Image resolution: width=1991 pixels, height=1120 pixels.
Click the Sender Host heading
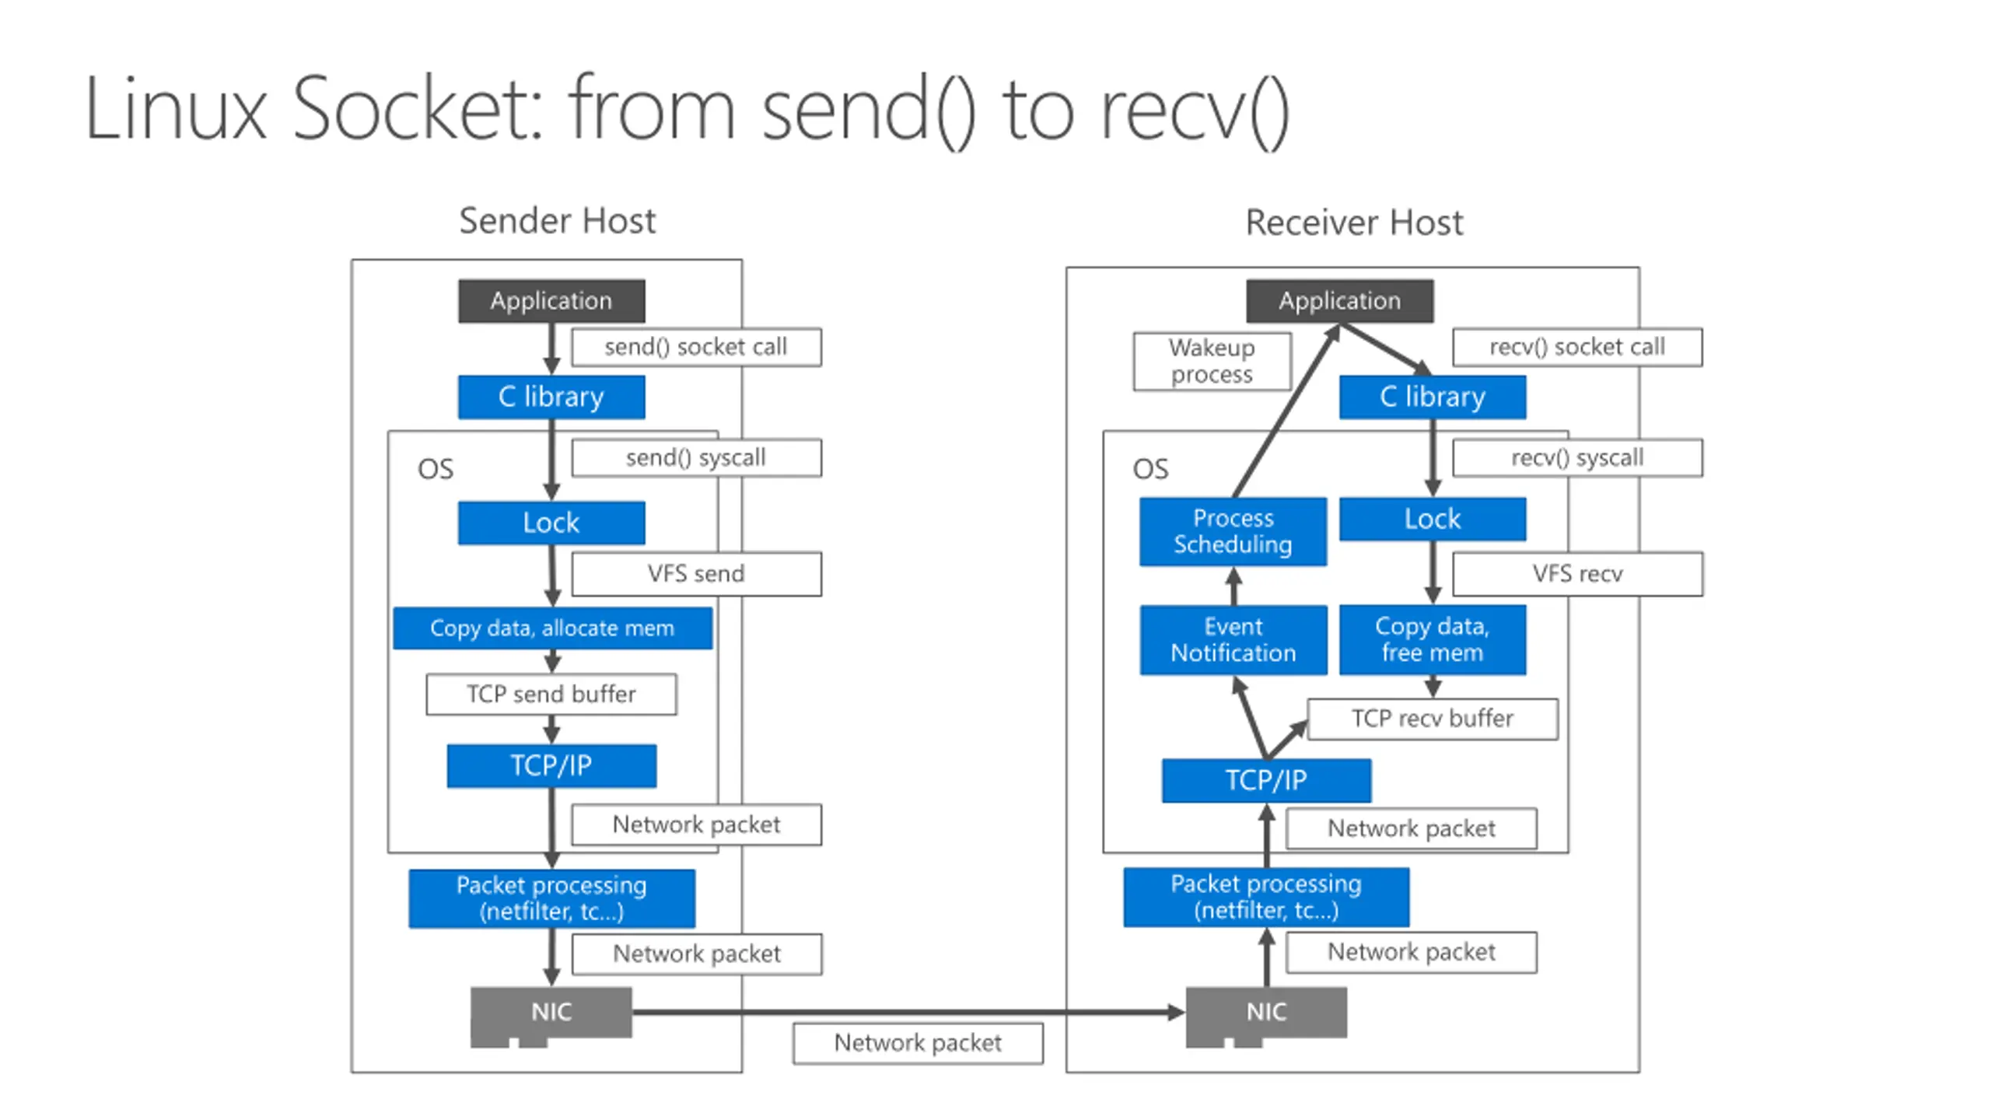point(557,221)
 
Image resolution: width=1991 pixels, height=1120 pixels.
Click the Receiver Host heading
point(1354,222)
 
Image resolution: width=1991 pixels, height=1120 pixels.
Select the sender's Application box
point(551,301)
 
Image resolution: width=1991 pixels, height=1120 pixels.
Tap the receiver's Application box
point(1339,301)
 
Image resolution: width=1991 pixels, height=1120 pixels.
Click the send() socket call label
point(696,347)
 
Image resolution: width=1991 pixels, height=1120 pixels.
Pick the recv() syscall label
point(1577,458)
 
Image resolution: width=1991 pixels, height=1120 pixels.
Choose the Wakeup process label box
point(1212,361)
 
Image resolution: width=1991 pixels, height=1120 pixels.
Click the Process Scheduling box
point(1233,531)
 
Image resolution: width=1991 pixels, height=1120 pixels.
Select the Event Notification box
point(1233,639)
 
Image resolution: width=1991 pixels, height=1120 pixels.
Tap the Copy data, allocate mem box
point(552,628)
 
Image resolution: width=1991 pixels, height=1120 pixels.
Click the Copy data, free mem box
point(1433,639)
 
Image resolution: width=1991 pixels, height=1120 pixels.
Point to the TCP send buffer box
point(551,694)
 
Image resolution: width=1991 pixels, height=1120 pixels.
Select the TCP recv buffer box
point(1433,719)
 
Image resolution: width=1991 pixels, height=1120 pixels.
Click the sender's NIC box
point(551,1013)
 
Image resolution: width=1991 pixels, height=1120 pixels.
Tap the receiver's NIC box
point(1266,1013)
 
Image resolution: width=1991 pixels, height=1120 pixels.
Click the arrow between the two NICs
point(908,1012)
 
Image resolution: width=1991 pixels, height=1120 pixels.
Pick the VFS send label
point(696,574)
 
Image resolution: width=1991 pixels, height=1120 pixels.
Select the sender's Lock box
point(551,523)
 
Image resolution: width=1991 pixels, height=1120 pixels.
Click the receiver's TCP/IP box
point(1266,780)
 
